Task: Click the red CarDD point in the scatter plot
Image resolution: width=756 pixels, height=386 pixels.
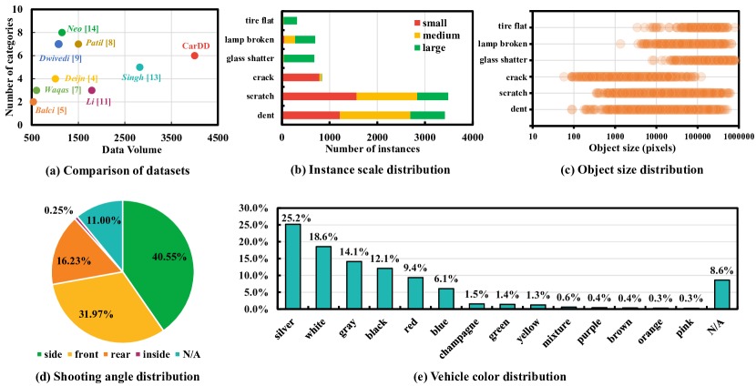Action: (194, 56)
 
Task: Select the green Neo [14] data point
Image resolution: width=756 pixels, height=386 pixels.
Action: (61, 33)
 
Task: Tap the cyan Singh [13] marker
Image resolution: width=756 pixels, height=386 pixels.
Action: (139, 67)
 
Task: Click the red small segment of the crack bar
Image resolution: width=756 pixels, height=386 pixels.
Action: (301, 77)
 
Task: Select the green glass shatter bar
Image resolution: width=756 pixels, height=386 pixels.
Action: (299, 58)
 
